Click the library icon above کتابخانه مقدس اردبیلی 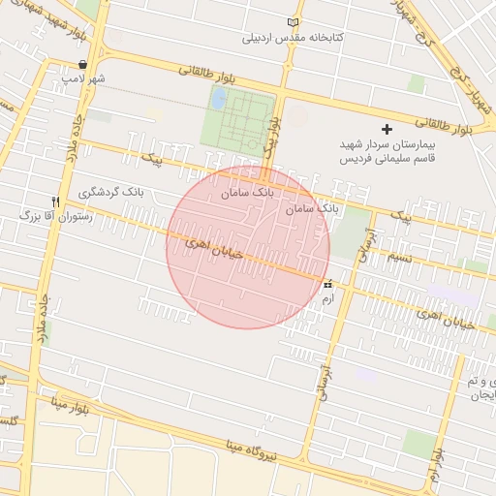pyautogui.click(x=294, y=22)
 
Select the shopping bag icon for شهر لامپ pyautogui.click(x=84, y=64)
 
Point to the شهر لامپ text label pyautogui.click(x=83, y=77)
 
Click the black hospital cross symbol pyautogui.click(x=387, y=129)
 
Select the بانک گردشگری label pyautogui.click(x=140, y=191)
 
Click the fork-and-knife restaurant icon pyautogui.click(x=55, y=201)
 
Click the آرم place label pyautogui.click(x=327, y=299)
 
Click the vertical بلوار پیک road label pyautogui.click(x=276, y=131)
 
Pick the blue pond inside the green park pyautogui.click(x=219, y=98)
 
